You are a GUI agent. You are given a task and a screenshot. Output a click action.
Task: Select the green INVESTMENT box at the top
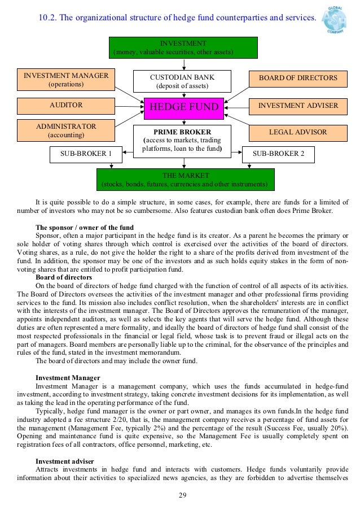(184, 48)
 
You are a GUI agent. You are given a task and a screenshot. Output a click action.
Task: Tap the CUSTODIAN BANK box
(182, 81)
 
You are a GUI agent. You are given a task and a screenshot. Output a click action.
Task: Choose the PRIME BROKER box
(182, 141)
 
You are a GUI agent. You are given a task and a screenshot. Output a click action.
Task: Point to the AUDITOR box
(66, 106)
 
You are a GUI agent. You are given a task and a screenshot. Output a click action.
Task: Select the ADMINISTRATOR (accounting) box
(66, 130)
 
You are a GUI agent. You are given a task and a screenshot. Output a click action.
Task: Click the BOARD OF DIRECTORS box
(298, 78)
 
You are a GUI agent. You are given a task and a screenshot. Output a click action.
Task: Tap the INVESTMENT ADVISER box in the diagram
(298, 106)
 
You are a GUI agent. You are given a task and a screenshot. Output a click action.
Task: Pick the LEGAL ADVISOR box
(298, 132)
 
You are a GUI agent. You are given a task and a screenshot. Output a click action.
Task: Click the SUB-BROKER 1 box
(86, 154)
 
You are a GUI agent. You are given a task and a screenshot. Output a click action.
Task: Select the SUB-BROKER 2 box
(278, 154)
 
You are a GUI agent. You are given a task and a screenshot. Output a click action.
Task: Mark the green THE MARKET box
(185, 180)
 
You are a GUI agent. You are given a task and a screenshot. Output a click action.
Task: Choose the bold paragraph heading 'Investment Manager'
(68, 377)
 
